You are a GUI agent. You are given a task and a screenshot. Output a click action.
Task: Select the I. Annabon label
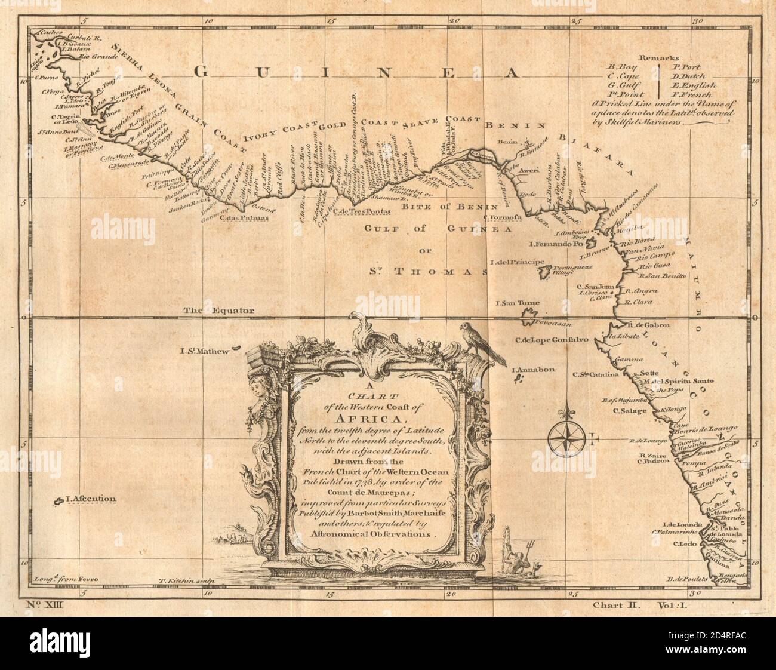click(533, 370)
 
